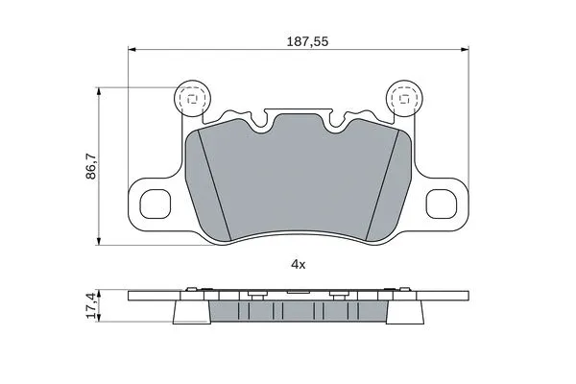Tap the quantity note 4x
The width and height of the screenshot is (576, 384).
pos(298,263)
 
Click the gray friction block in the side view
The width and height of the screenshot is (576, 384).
pos(298,313)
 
